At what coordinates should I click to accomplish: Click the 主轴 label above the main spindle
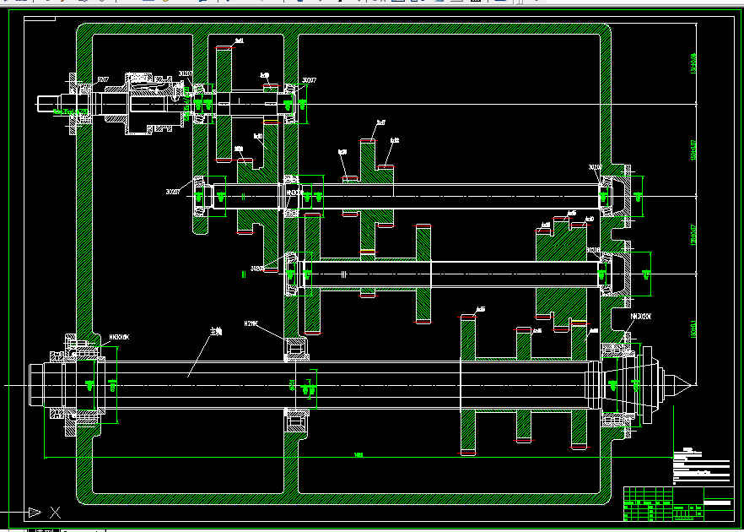(217, 333)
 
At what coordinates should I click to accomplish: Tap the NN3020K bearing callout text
(641, 316)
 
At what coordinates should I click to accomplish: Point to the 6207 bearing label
(103, 79)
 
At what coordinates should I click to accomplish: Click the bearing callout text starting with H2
(251, 323)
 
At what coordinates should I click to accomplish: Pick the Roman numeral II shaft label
(243, 274)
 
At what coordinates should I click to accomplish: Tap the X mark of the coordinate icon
(55, 511)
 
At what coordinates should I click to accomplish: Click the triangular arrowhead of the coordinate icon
(34, 511)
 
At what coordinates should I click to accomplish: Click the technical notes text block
(700, 464)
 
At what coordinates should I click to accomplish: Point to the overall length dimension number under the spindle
(359, 455)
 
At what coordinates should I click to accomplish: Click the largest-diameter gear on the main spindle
(468, 384)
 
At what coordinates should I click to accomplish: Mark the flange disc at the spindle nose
(647, 385)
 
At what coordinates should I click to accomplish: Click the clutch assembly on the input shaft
(143, 103)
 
